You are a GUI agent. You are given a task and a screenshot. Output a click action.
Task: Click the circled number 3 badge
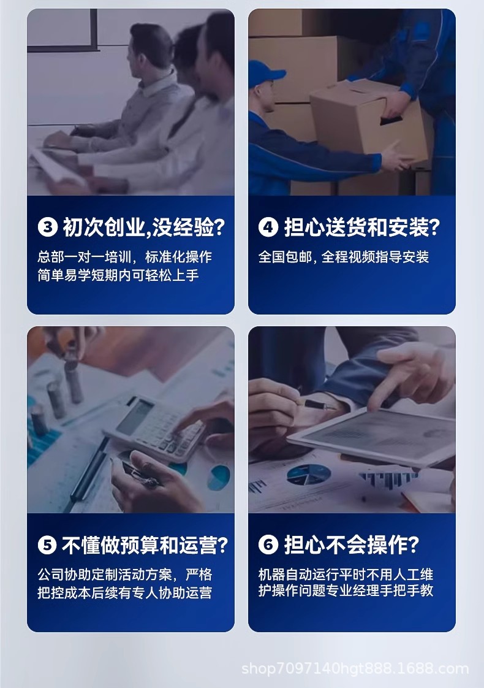pyautogui.click(x=48, y=227)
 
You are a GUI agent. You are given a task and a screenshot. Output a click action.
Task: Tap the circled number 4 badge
pyautogui.click(x=268, y=227)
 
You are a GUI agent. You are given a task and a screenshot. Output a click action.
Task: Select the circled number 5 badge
pyautogui.click(x=48, y=545)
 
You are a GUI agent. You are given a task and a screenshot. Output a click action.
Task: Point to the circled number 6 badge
pyautogui.click(x=268, y=545)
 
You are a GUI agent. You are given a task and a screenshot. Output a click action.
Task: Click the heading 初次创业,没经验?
pyautogui.click(x=144, y=227)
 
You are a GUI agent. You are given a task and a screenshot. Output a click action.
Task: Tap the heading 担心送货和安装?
pyautogui.click(x=361, y=227)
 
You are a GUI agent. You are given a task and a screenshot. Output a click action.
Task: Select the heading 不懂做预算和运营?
pyautogui.click(x=145, y=545)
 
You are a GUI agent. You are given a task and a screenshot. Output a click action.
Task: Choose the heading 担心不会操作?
pyautogui.click(x=352, y=545)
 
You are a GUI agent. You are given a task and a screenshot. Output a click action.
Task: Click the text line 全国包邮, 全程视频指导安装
pyautogui.click(x=343, y=257)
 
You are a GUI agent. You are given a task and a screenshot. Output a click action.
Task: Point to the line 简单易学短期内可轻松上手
pyautogui.click(x=118, y=275)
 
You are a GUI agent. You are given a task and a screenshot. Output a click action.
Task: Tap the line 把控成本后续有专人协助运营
pyautogui.click(x=124, y=593)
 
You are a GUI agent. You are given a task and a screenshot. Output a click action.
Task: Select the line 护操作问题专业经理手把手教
pyautogui.click(x=346, y=590)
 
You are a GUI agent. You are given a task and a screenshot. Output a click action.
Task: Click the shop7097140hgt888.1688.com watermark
pyautogui.click(x=355, y=669)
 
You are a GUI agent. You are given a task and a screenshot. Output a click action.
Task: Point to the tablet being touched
pyautogui.click(x=372, y=434)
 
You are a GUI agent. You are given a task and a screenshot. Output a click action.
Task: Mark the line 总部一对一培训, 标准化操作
pyautogui.click(x=124, y=257)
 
